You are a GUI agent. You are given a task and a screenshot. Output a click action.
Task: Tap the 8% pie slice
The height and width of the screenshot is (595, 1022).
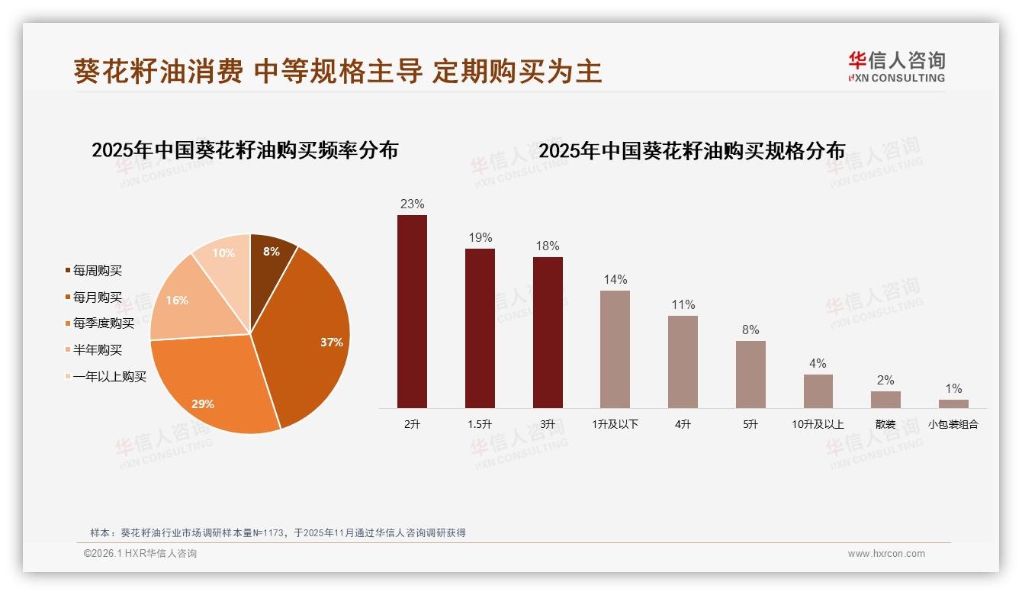271,252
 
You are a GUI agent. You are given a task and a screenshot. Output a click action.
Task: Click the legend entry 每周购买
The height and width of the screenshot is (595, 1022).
97,271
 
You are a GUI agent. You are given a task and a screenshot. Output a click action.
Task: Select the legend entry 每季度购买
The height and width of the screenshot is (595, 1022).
103,323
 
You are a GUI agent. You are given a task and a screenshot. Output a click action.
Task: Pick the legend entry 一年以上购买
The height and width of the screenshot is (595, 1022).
109,376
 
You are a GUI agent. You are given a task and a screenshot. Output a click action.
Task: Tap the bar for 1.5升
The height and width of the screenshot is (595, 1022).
480,328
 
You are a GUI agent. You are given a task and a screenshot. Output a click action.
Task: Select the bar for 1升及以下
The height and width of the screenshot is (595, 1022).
615,349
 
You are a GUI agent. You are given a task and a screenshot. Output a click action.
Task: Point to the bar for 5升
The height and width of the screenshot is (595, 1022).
750,375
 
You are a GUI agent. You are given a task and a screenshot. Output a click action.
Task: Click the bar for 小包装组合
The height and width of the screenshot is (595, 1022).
953,404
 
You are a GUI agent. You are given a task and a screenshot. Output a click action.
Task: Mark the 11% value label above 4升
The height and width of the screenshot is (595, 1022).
683,305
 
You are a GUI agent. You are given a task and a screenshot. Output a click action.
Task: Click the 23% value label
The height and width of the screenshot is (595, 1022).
412,204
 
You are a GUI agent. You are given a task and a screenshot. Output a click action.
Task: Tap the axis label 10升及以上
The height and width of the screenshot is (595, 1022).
818,424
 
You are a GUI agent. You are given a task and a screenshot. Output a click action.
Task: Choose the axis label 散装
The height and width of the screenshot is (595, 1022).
885,424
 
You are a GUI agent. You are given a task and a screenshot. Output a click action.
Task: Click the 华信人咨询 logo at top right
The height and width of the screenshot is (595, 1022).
896,66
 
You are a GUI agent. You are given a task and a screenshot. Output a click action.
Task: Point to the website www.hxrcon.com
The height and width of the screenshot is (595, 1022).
886,554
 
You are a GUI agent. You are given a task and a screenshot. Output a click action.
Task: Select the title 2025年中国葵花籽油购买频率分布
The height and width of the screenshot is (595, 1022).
245,150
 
